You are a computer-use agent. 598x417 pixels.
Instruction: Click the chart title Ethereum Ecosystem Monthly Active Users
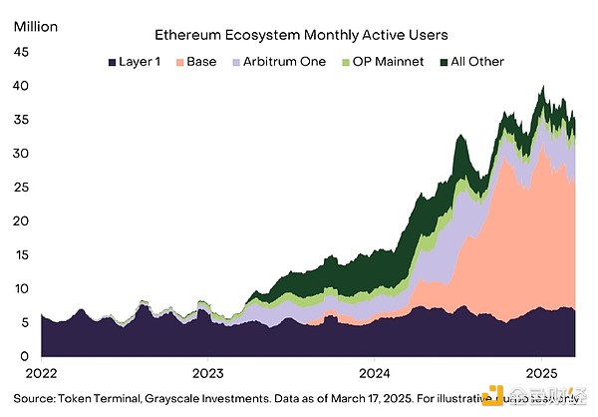[301, 35]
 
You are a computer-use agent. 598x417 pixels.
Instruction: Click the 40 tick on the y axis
[20, 88]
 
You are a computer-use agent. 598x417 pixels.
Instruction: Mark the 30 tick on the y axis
[20, 155]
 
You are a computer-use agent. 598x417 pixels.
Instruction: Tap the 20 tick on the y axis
[20, 221]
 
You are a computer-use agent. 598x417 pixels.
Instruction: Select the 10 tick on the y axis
[20, 288]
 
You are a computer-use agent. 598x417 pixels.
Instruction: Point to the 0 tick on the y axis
[24, 356]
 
